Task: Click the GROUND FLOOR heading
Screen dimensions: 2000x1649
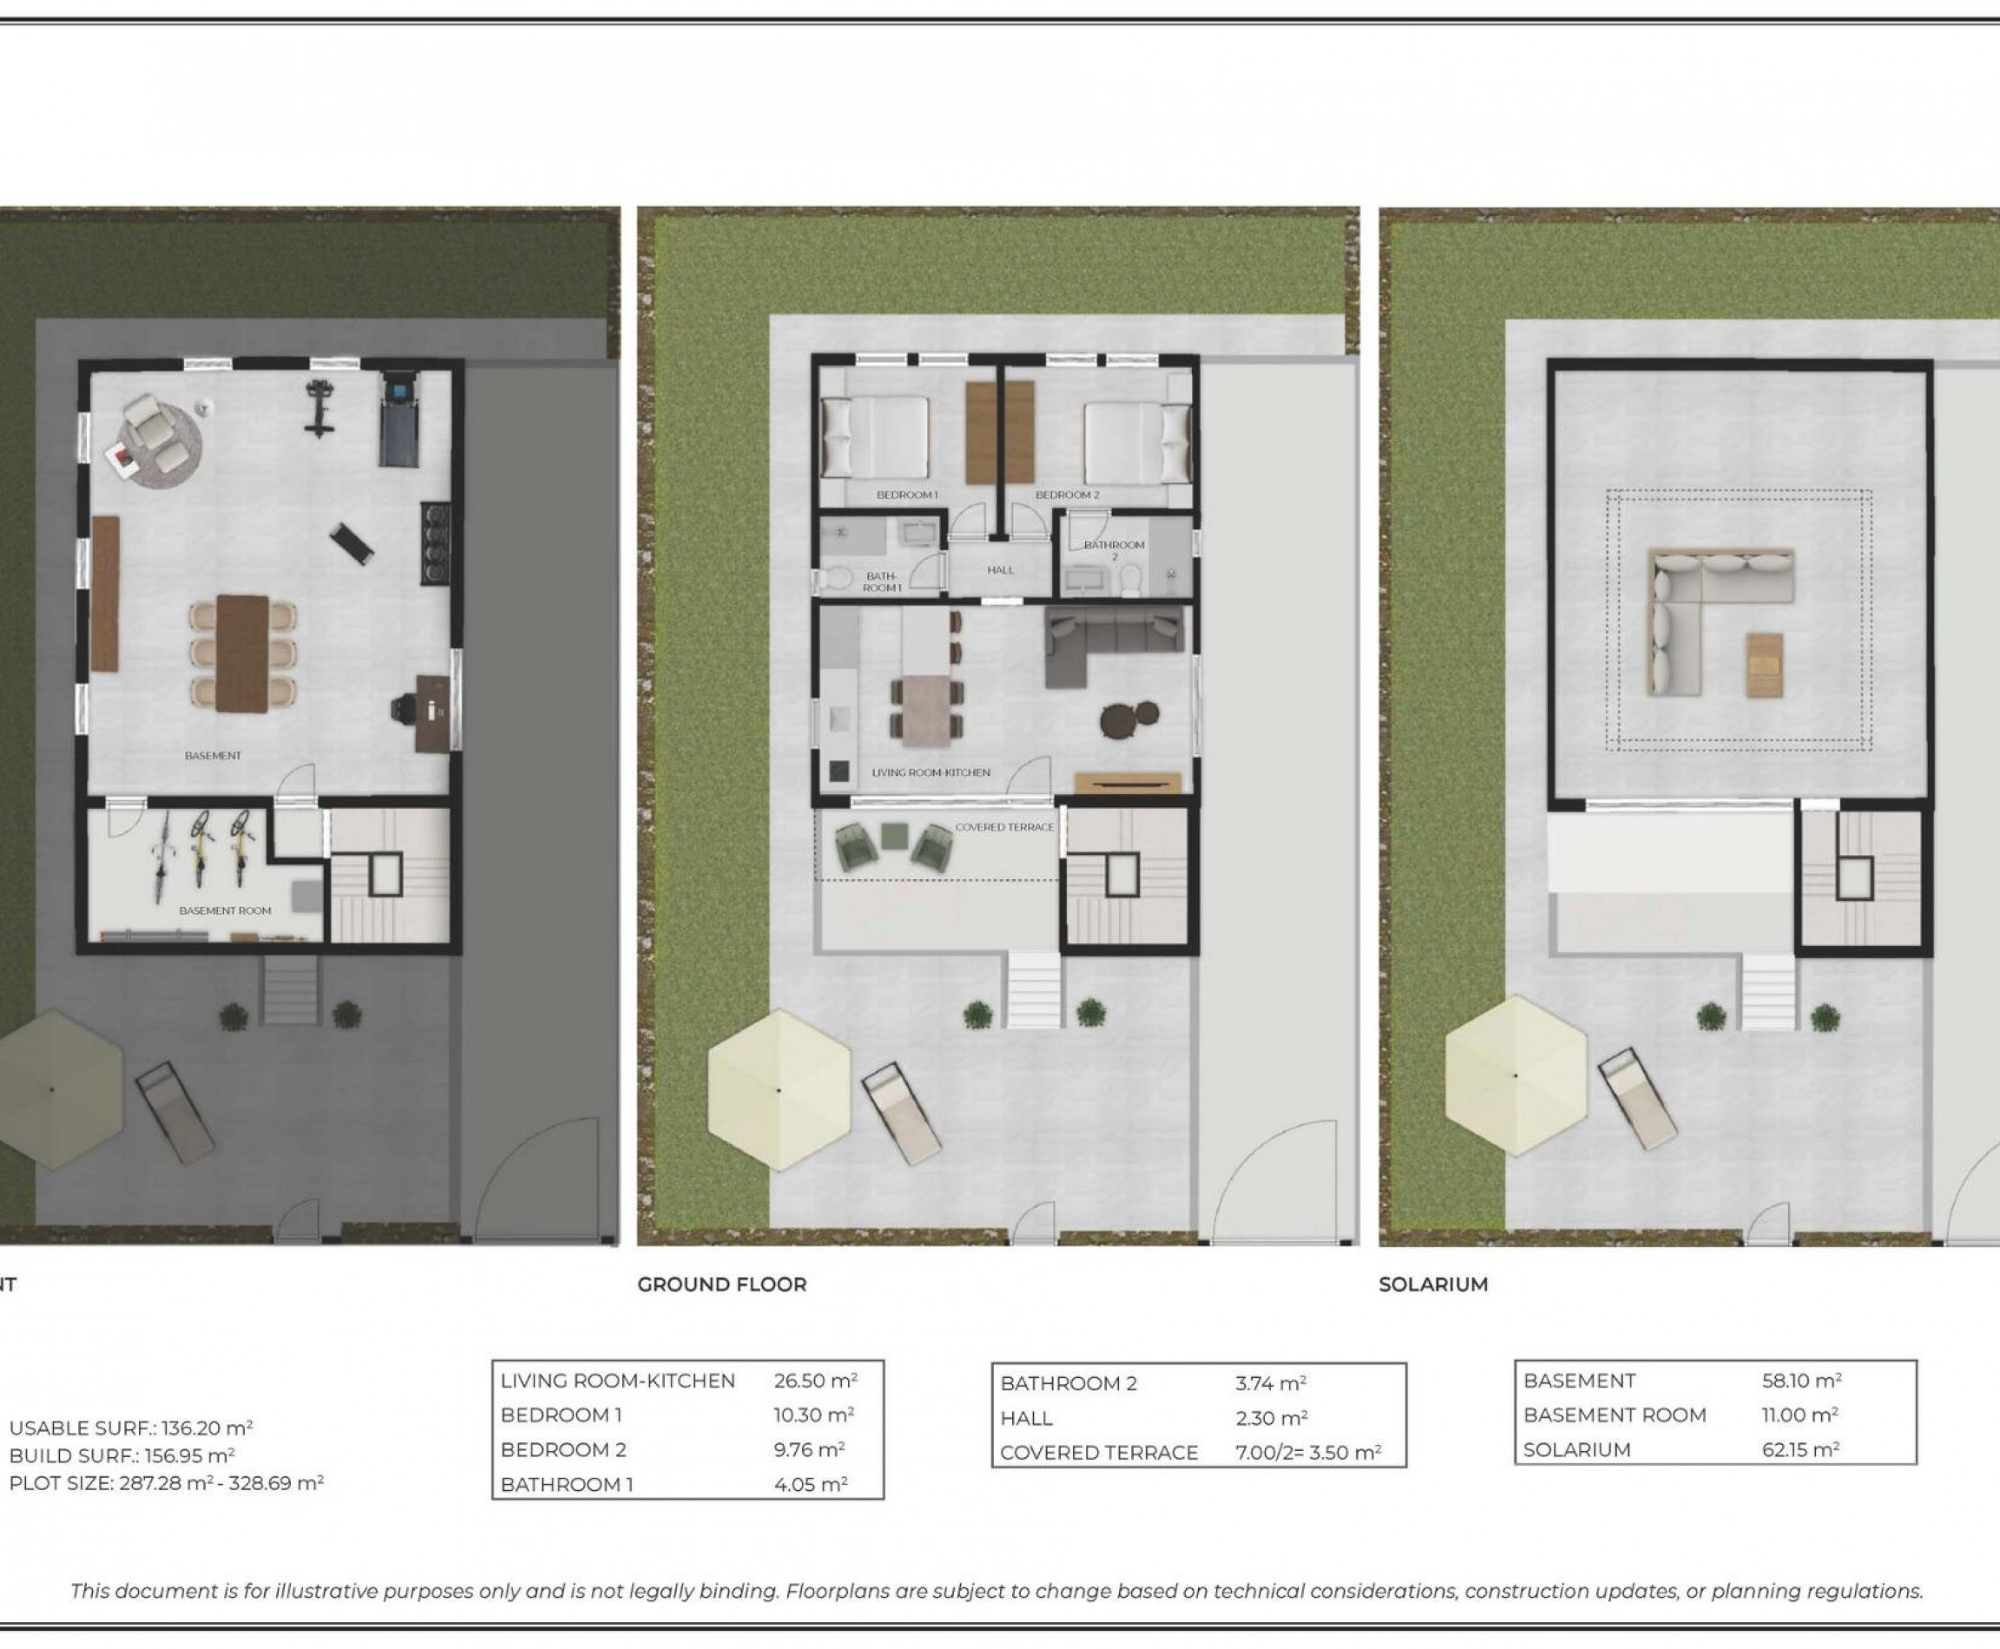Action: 721,1284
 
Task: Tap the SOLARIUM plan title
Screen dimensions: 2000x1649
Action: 1433,1284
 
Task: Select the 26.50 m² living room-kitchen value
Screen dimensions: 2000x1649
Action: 815,1380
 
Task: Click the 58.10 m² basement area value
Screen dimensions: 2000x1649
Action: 1801,1380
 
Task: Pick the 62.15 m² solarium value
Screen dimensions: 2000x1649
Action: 1800,1449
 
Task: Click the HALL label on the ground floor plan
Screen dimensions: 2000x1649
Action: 1001,570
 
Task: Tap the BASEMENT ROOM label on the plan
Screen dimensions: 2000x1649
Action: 225,910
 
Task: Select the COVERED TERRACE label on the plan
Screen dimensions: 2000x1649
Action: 1004,826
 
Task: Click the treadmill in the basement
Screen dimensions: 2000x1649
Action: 398,419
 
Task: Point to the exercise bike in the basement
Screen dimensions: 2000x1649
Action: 319,409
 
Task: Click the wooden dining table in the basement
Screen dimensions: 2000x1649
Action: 242,654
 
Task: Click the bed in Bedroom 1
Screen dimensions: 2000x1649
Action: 874,437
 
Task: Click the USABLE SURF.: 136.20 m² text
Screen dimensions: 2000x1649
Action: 131,1428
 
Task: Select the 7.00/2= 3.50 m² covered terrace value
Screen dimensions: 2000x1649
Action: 1308,1452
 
